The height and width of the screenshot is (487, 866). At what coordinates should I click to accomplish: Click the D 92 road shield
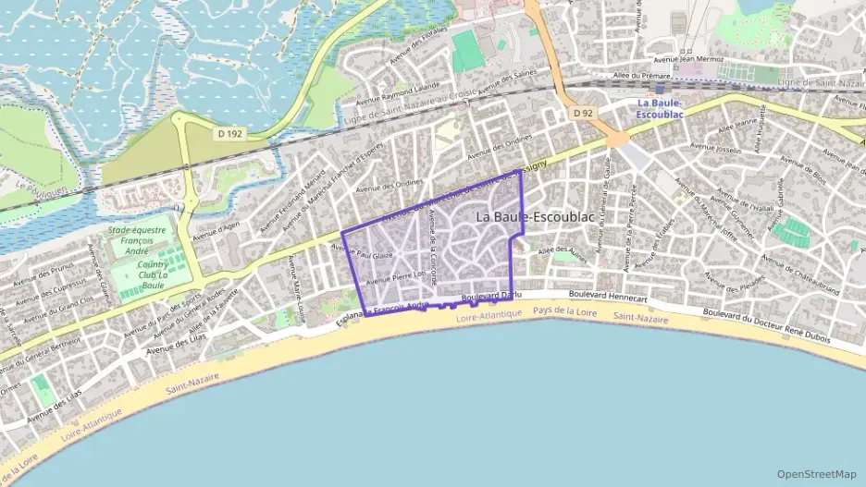tap(582, 113)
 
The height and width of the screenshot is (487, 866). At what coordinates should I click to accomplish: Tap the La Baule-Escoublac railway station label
tap(661, 107)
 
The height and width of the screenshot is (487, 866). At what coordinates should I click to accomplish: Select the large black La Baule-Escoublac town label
tap(535, 216)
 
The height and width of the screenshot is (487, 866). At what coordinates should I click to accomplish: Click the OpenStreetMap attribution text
tap(817, 473)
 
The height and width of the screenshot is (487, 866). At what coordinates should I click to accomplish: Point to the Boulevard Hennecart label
tap(608, 294)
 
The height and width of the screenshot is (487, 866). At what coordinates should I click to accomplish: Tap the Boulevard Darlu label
tap(491, 296)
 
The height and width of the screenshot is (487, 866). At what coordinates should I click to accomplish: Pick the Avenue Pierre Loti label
tap(395, 276)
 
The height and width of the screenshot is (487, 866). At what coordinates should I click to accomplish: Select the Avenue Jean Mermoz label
tap(712, 61)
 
